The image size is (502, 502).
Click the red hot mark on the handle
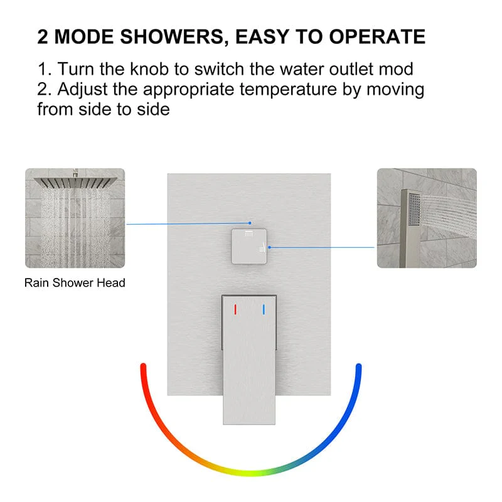pos(235,309)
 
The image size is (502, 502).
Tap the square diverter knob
pos(250,246)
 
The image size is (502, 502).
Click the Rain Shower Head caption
pos(75,283)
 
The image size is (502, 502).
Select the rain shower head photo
pos(75,218)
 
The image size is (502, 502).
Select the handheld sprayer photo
pos(427,218)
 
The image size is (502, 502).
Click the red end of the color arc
pos(143,366)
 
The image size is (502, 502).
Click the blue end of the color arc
pos(359,366)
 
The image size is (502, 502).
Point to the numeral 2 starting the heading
pos(43,36)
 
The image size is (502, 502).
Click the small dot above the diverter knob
pos(249,222)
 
